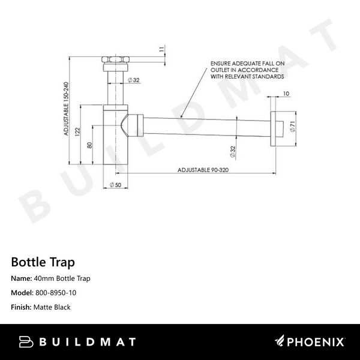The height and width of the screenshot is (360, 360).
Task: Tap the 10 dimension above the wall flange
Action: (286, 94)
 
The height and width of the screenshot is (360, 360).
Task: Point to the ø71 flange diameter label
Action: (292, 127)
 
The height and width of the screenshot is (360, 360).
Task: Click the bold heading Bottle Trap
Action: (43, 262)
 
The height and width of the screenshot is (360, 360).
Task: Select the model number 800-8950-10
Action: (55, 293)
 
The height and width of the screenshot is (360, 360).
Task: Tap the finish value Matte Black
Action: (51, 307)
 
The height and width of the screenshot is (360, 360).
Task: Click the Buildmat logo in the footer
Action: (77, 342)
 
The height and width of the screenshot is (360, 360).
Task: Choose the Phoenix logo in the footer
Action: (310, 342)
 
